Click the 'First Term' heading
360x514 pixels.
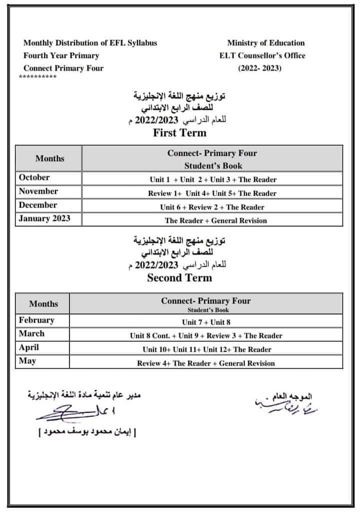179,133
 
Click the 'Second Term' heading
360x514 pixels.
179,278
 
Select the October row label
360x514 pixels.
34,177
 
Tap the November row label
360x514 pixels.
38,191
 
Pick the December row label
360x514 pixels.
38,205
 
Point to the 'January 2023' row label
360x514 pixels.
44,218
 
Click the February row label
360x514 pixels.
36,320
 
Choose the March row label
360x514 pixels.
31,334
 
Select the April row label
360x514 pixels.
29,347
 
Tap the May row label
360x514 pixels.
27,361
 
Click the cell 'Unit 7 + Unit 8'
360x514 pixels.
206,322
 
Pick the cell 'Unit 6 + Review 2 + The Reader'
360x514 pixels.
212,207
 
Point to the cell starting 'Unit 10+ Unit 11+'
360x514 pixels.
206,350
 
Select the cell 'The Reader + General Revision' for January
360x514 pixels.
216,220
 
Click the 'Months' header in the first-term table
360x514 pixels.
50,158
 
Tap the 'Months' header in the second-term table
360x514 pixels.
43,304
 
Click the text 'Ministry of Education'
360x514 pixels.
265,43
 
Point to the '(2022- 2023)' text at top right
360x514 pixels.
259,68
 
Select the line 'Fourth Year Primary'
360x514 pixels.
61,55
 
